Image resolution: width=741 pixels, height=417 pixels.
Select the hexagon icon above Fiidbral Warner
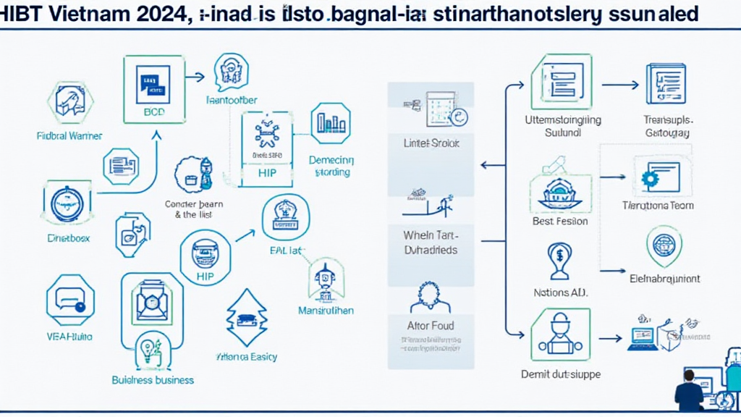click(69, 101)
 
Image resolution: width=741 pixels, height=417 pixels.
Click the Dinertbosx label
click(69, 237)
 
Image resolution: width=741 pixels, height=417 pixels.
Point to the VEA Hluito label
click(69, 337)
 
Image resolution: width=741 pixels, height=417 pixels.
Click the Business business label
click(153, 379)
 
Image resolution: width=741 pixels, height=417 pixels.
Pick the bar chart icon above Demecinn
click(330, 123)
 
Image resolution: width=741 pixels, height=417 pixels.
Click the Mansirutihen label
click(325, 311)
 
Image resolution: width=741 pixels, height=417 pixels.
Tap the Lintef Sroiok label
click(431, 143)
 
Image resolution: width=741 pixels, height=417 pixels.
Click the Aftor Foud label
click(431, 326)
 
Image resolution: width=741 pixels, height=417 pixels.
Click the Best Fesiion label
click(560, 221)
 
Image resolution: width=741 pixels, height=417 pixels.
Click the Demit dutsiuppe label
click(561, 374)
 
